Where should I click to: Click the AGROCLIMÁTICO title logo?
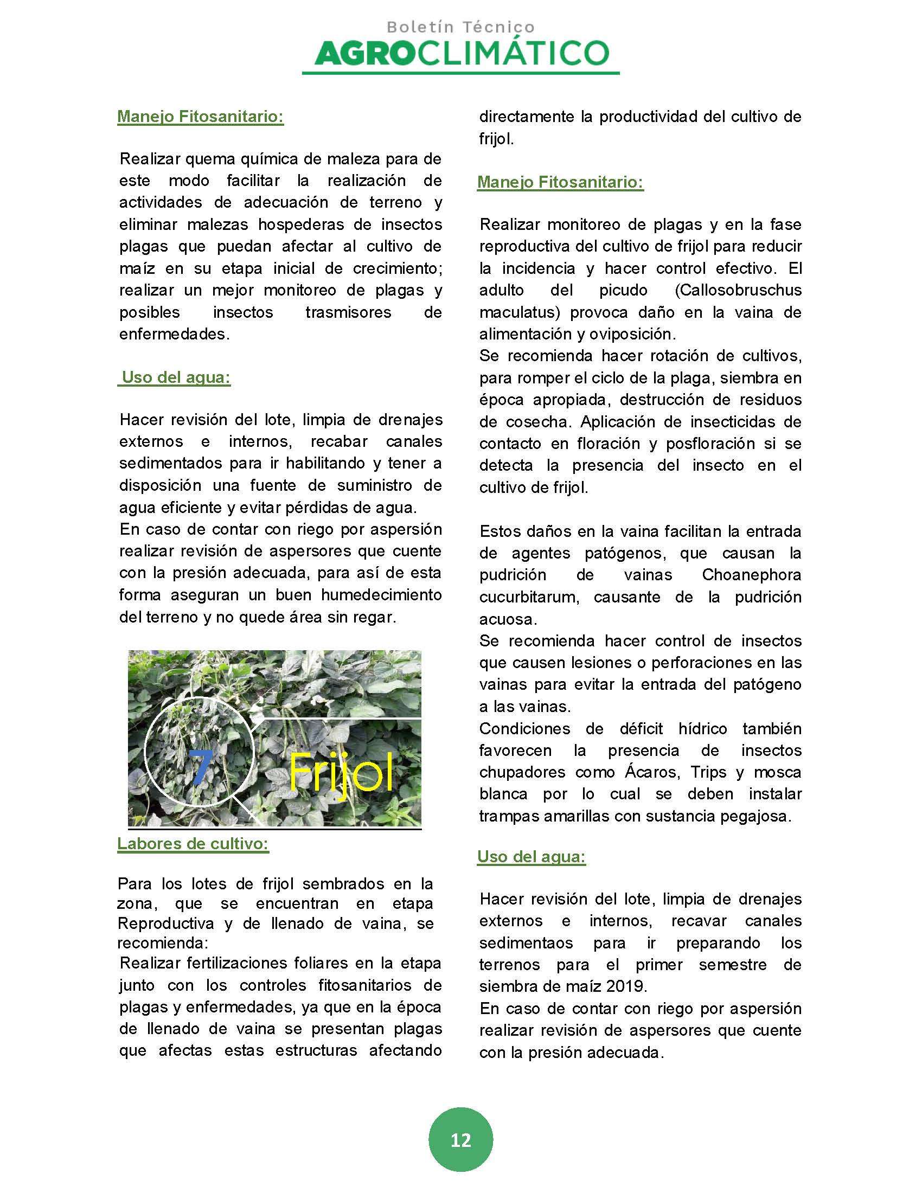[x=462, y=53]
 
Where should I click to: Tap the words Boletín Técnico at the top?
[x=460, y=27]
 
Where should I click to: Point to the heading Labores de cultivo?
[x=193, y=844]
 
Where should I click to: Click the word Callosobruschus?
[x=739, y=290]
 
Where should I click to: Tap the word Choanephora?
[x=751, y=575]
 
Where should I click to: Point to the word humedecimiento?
[x=381, y=595]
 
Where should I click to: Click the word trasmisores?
[x=348, y=312]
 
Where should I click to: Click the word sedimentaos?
[x=526, y=943]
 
